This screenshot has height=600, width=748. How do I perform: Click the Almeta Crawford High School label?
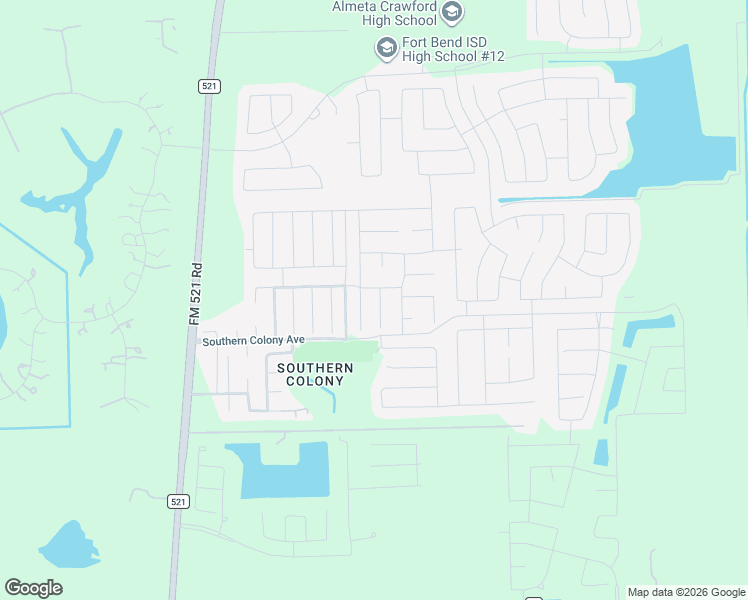[385, 14]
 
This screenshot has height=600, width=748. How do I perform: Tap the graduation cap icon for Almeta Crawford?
[452, 12]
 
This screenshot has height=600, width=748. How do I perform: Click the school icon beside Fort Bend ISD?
[386, 48]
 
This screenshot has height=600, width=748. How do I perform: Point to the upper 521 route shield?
[208, 86]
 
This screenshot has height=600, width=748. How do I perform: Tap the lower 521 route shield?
[177, 501]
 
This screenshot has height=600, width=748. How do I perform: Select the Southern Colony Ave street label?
[253, 340]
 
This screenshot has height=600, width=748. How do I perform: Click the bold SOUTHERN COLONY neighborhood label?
[315, 374]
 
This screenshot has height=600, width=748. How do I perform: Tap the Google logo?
[33, 588]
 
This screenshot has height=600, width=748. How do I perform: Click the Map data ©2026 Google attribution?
[686, 592]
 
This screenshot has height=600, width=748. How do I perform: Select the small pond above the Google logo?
[68, 546]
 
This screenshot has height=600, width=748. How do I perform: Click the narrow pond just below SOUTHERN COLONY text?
[329, 399]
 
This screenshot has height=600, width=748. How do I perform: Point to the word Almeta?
[354, 7]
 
